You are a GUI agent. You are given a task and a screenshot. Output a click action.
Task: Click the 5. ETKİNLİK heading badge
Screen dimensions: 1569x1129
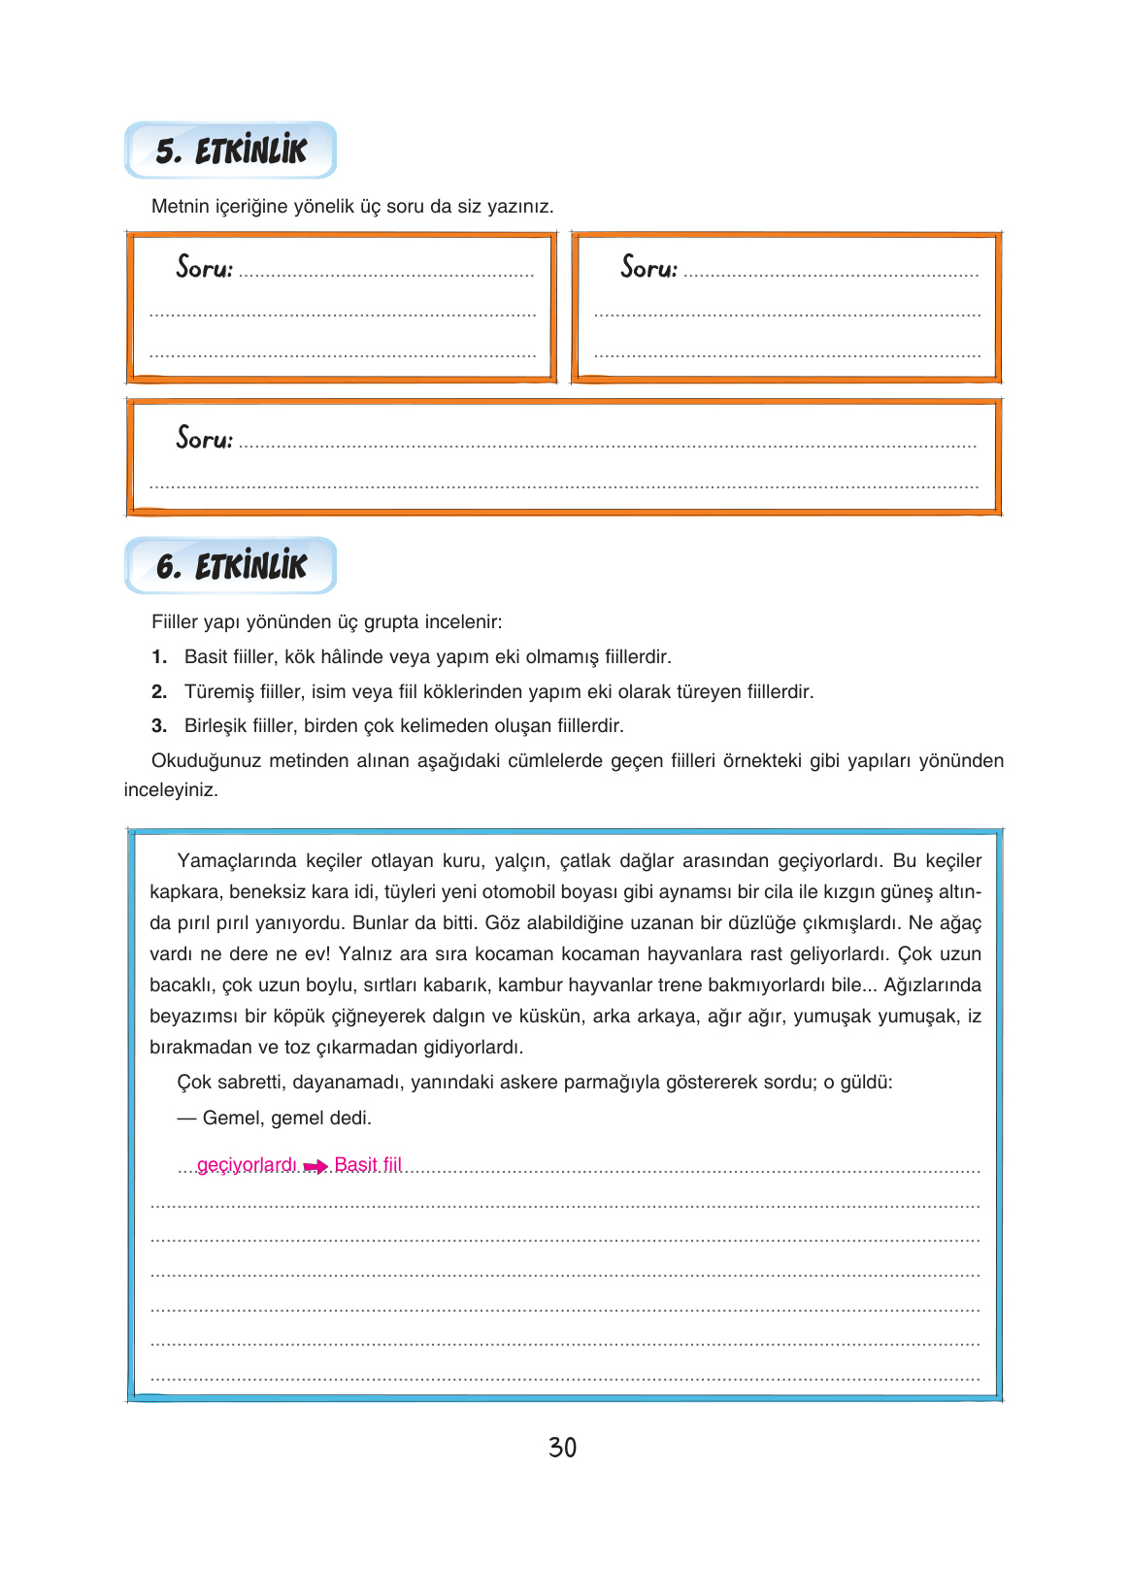tap(231, 150)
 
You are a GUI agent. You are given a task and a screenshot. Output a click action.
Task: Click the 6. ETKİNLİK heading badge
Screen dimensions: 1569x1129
tap(231, 566)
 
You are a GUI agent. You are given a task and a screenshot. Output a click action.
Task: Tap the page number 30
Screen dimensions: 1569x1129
tap(562, 1448)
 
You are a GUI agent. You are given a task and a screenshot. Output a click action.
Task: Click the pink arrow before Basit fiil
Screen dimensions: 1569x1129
tap(315, 1167)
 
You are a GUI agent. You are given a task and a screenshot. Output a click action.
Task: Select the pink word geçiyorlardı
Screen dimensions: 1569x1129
tap(247, 1165)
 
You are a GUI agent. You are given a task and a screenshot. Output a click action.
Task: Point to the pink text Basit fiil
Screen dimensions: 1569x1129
tap(368, 1164)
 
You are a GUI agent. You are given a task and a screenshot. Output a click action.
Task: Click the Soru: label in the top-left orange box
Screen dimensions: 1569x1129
tap(204, 267)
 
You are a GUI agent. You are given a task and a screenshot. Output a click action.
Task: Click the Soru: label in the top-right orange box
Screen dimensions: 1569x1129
tap(648, 267)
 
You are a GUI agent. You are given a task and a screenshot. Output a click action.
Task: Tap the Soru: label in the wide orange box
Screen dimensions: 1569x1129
tap(204, 438)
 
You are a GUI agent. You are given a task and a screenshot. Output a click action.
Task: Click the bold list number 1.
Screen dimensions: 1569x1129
tap(159, 657)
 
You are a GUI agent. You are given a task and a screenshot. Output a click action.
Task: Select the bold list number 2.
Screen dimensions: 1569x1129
tap(159, 692)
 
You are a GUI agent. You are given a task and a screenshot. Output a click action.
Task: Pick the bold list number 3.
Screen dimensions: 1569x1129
tap(159, 726)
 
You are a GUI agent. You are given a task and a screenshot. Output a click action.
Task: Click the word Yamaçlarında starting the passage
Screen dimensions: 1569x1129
tap(237, 861)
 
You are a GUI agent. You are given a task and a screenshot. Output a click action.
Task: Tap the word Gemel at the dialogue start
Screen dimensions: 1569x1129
tap(232, 1118)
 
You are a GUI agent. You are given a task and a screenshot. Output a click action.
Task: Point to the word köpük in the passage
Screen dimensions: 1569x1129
tap(299, 1017)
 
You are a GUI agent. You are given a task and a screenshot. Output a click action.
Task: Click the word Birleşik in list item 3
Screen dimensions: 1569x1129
tap(216, 726)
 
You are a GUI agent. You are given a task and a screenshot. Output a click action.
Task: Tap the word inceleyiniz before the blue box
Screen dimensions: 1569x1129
tap(171, 790)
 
